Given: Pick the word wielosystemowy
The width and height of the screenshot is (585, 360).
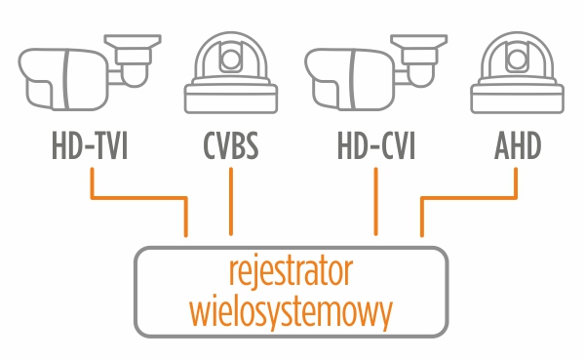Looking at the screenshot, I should click(x=291, y=311).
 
